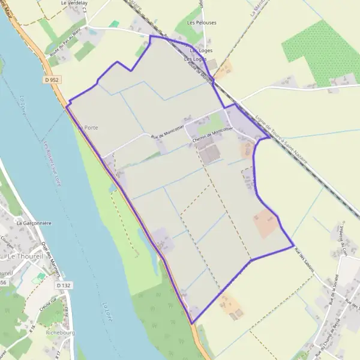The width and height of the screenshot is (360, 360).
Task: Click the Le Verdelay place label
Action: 74,3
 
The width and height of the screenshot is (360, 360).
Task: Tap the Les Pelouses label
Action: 202,23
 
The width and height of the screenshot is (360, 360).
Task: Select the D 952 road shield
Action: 53,79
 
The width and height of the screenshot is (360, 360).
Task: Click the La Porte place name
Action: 88,128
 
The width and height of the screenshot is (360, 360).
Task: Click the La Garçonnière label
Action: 33,223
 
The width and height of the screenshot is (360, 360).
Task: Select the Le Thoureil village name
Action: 24,256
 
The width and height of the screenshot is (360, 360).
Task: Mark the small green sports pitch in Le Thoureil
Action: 40,278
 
